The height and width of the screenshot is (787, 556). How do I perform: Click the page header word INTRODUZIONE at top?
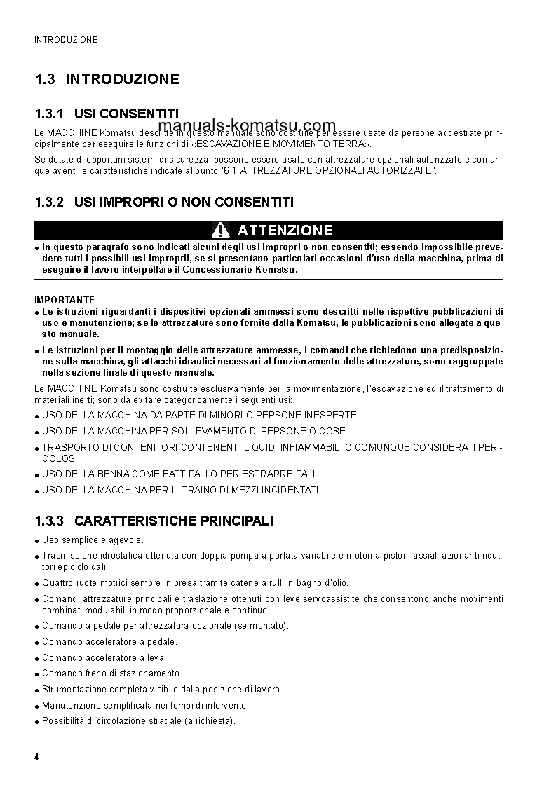[x=66, y=40]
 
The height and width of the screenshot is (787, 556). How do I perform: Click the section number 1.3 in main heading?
[x=44, y=79]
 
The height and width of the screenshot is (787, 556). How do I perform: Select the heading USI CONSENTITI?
[x=126, y=114]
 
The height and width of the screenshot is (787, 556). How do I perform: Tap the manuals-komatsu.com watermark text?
[x=248, y=126]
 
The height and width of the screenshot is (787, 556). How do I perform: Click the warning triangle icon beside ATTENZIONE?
[x=221, y=230]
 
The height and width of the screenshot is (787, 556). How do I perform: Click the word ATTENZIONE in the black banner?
[x=285, y=230]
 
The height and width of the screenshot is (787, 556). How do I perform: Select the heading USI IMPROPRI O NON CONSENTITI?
[x=184, y=203]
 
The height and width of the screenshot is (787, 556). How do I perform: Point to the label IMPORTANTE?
[x=65, y=300]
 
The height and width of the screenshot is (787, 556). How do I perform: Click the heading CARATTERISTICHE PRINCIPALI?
[x=173, y=521]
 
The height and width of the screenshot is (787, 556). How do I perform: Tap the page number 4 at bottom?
[x=36, y=758]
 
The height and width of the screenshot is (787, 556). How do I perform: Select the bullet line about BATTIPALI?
[x=179, y=474]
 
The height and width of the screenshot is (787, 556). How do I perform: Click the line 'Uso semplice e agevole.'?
[x=93, y=540]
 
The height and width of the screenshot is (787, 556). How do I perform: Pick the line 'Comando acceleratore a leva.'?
[x=104, y=657]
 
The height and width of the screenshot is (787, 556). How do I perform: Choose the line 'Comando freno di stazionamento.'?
[x=111, y=673]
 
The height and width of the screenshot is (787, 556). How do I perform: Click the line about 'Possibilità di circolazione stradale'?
[x=138, y=720]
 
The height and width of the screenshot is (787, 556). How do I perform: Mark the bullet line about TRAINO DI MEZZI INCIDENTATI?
[x=181, y=490]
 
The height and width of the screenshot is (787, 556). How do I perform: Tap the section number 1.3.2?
[x=49, y=203]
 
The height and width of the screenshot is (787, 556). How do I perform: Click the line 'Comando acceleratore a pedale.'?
[x=109, y=641]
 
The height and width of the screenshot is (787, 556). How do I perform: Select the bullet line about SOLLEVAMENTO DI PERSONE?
[x=194, y=431]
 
